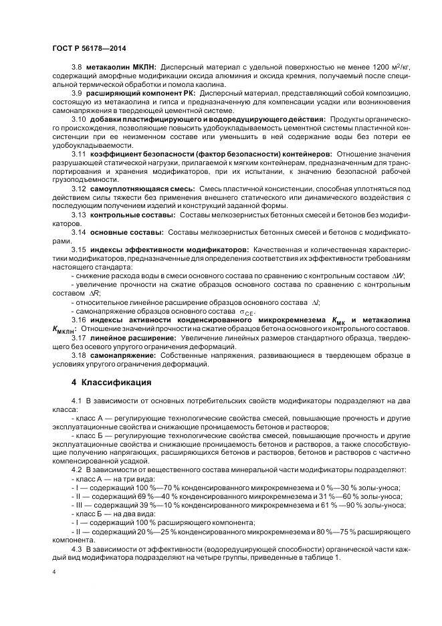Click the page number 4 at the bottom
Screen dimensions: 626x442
pos(54,572)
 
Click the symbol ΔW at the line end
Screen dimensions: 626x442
pos(397,276)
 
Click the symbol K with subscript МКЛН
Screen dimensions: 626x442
pos(64,329)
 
